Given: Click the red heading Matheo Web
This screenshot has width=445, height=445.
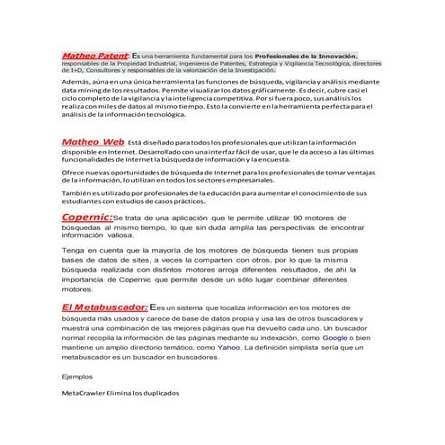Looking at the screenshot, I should [x=93, y=142].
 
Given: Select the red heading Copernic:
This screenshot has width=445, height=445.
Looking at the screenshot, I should [x=87, y=217].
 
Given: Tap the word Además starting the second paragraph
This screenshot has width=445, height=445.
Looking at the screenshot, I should [x=77, y=82].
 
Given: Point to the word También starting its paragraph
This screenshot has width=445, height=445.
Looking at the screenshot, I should [x=78, y=193].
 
